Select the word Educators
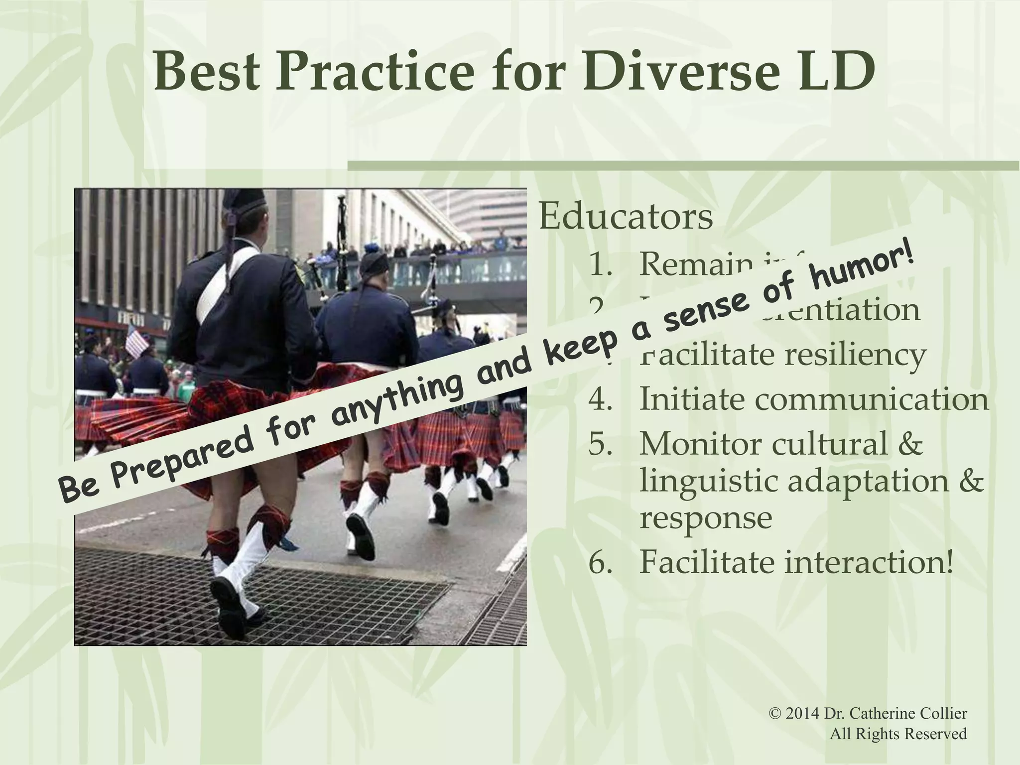pyautogui.click(x=626, y=217)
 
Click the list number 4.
pyautogui.click(x=601, y=399)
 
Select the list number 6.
pyautogui.click(x=601, y=562)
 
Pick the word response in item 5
pyautogui.click(x=705, y=517)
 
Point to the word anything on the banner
pyautogui.click(x=396, y=396)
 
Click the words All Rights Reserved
pyautogui.click(x=898, y=734)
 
